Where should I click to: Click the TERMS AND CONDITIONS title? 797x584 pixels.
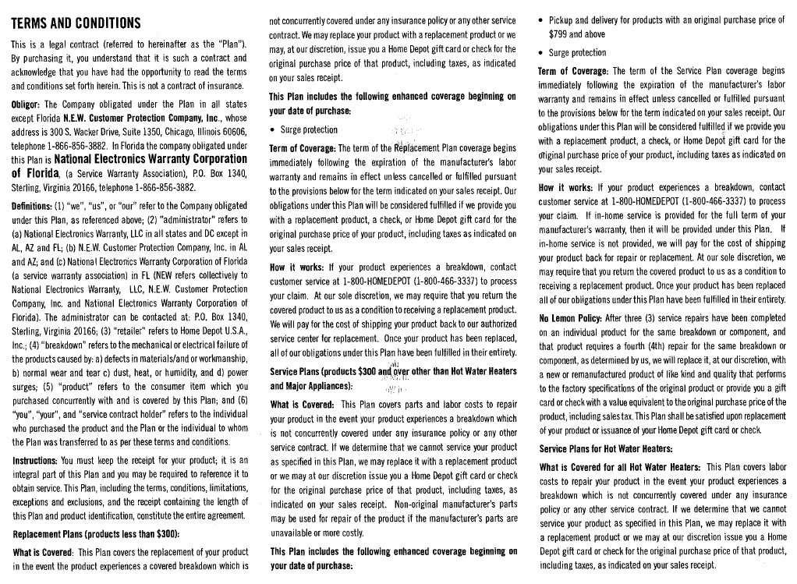pyautogui.click(x=76, y=22)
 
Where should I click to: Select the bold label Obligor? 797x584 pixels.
pyautogui.click(x=27, y=104)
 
